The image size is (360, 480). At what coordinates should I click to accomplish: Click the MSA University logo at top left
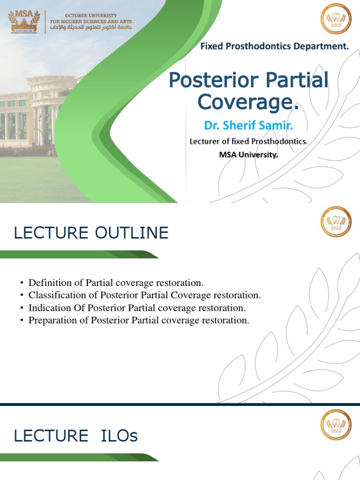24,22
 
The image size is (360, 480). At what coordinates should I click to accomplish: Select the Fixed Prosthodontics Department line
275,46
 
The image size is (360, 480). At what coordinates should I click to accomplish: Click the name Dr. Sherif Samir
248,126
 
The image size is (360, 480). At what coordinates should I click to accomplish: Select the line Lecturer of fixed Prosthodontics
248,141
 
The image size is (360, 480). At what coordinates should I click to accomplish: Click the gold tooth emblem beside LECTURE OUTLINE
336,222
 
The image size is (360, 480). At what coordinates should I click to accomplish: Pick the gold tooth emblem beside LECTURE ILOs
336,424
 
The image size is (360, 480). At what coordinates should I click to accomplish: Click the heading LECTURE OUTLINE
91,233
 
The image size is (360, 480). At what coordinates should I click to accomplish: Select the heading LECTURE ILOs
76,435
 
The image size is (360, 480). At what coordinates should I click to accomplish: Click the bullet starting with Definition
116,283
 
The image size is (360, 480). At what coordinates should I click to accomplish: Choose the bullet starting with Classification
144,295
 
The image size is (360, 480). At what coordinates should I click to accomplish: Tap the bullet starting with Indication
137,308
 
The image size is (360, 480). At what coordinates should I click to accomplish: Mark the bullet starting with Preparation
139,321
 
